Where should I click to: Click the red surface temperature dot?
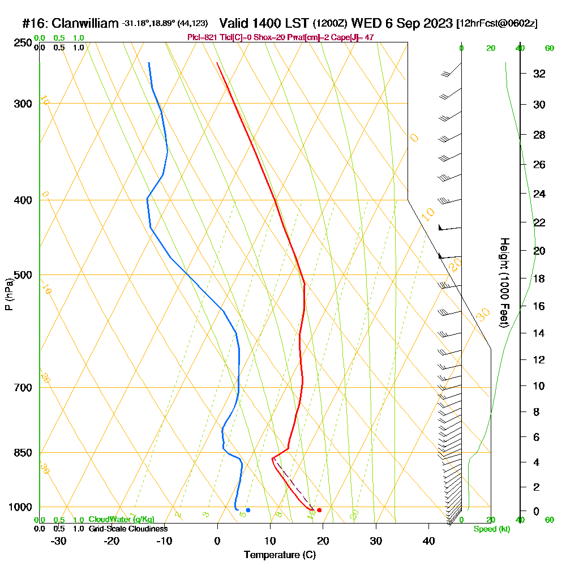click(319, 510)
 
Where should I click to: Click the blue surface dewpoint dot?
click(248, 510)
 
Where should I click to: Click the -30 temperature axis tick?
click(59, 541)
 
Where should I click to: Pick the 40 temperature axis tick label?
click(428, 541)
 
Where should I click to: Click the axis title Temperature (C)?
click(280, 555)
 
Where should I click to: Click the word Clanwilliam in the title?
click(85, 24)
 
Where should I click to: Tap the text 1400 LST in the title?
click(264, 23)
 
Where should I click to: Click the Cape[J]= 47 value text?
click(355, 37)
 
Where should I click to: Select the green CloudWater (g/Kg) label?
click(121, 520)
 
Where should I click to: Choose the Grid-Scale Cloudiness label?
click(128, 529)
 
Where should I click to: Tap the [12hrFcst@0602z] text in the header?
click(496, 24)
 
